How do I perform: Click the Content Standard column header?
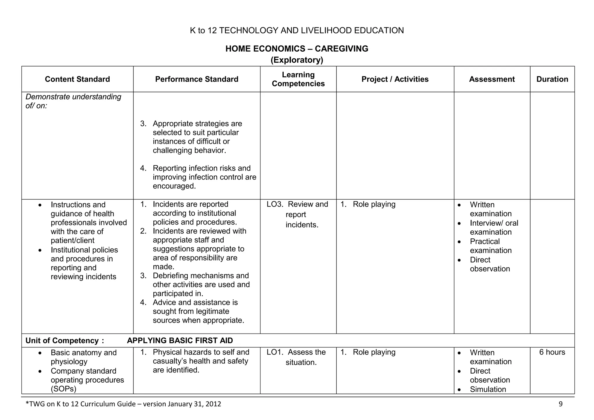(x=77, y=79)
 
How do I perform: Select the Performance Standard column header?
(x=197, y=79)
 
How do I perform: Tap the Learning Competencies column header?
(x=298, y=79)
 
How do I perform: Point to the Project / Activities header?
(x=395, y=79)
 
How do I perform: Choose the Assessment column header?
(x=492, y=79)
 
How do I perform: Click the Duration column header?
(x=552, y=79)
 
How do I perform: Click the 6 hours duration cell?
(x=552, y=352)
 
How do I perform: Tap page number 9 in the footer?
(x=560, y=404)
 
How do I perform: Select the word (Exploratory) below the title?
(x=297, y=60)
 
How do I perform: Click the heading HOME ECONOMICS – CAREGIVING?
(x=297, y=48)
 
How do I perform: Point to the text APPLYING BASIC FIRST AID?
(x=180, y=341)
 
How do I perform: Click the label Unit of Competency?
(x=62, y=341)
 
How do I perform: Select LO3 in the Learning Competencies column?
(x=274, y=204)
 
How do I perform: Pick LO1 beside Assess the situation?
(x=274, y=352)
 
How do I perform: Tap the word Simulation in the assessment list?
(x=488, y=389)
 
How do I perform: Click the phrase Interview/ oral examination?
(x=494, y=227)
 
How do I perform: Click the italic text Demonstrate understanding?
(x=73, y=97)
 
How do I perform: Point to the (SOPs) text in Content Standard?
(x=64, y=389)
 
